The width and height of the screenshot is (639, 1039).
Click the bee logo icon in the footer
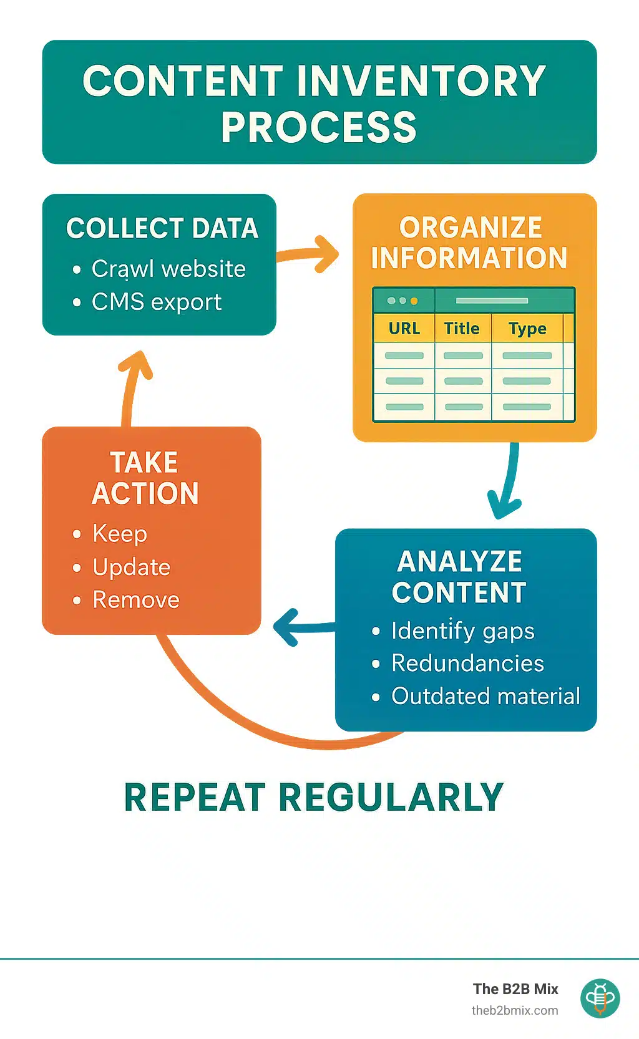[x=600, y=998]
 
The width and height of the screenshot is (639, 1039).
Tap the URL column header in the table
[x=404, y=329]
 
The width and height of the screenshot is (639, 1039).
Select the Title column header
[x=462, y=329]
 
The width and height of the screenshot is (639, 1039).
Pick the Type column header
[x=527, y=329]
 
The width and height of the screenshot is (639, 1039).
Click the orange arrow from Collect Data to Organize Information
[x=309, y=254]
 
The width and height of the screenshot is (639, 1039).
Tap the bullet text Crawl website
[x=168, y=269]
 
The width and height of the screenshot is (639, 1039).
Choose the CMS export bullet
[x=157, y=302]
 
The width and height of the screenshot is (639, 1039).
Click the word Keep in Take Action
[x=120, y=534]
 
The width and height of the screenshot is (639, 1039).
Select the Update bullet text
[x=131, y=567]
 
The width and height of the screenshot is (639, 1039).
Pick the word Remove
[x=136, y=600]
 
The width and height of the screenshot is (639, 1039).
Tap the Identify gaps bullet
[x=462, y=631]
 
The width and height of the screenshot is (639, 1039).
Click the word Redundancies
[x=467, y=664]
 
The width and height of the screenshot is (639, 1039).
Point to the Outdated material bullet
[x=485, y=696]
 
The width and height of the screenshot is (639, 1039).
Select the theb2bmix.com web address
[x=515, y=1011]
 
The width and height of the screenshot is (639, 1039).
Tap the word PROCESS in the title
[x=319, y=127]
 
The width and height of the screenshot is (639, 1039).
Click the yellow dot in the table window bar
[x=414, y=301]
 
